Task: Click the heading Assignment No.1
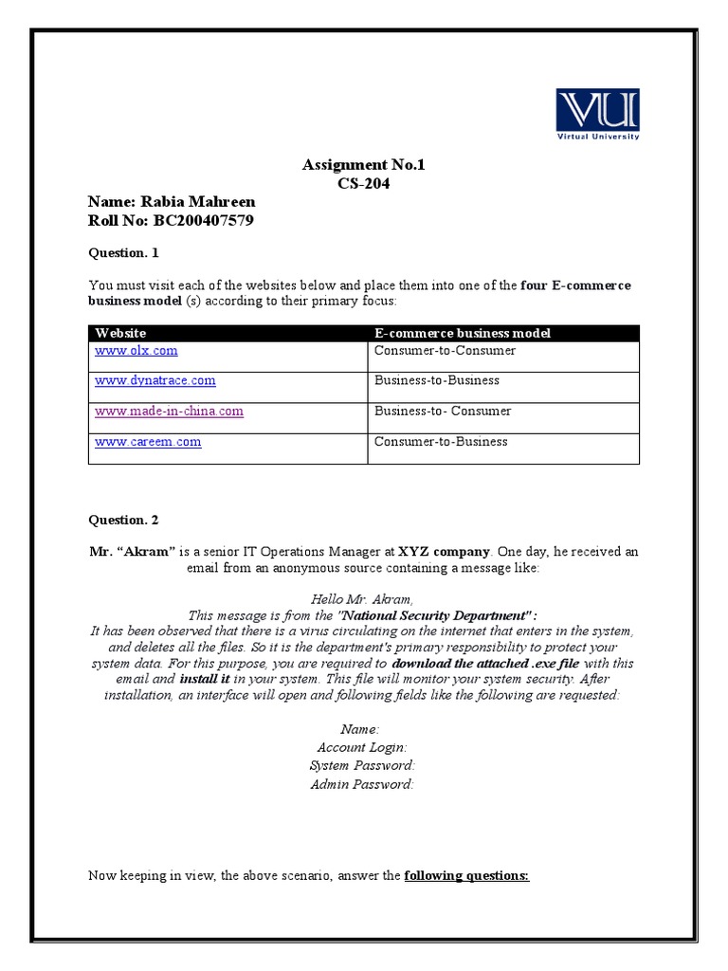(364, 165)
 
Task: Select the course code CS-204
(364, 184)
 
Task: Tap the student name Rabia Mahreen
(172, 202)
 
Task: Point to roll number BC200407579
(171, 221)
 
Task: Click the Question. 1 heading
(124, 253)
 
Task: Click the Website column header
(120, 333)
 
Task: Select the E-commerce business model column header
(463, 333)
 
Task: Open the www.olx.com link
(136, 351)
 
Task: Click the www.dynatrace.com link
(155, 381)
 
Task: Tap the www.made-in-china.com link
(169, 412)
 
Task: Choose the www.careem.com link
(148, 442)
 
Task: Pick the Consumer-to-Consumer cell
(445, 351)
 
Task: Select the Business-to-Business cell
(437, 381)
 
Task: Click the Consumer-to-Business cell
(441, 442)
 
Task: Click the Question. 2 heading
(124, 520)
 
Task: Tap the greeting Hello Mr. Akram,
(362, 599)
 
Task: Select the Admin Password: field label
(362, 784)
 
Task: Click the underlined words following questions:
(466, 875)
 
